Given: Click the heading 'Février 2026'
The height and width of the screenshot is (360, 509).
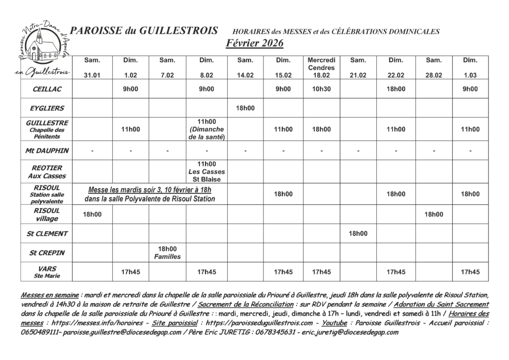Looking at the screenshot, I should [x=254, y=43].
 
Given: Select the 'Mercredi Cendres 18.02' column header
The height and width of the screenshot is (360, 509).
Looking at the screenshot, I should [x=322, y=68].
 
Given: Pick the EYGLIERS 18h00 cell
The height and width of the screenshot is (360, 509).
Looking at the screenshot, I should [x=245, y=108].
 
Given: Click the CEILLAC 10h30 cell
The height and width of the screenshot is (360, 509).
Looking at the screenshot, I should [x=322, y=89].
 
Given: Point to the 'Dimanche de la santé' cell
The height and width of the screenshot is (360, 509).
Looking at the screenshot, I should [x=206, y=129].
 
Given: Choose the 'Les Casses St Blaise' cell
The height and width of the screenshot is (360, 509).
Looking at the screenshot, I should [x=206, y=172].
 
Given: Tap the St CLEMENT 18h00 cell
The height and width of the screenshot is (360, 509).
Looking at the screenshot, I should [x=358, y=233].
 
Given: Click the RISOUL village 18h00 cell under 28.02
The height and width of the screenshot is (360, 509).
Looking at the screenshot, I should [x=433, y=214].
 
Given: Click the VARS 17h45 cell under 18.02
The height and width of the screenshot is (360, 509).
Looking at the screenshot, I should [x=322, y=272].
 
